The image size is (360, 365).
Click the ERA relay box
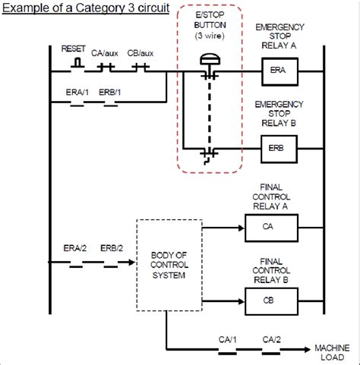pos(277,73)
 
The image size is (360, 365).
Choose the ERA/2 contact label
pos(74,248)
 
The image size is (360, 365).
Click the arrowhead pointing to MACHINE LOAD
pos(307,351)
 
